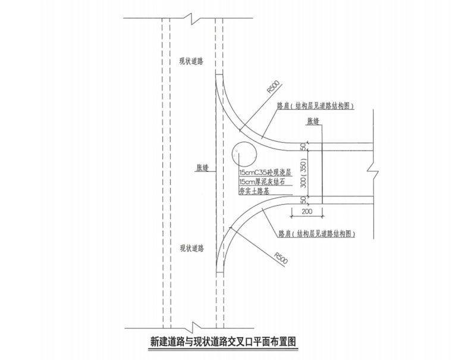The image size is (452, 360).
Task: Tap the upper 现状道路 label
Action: (x=192, y=61)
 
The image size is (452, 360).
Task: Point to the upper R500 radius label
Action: (x=273, y=87)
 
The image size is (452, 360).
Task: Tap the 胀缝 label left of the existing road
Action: (x=203, y=168)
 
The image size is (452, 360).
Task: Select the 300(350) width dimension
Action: (x=303, y=173)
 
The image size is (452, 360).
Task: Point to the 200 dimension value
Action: (x=307, y=211)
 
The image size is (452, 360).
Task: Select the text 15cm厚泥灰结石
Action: (x=260, y=181)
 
